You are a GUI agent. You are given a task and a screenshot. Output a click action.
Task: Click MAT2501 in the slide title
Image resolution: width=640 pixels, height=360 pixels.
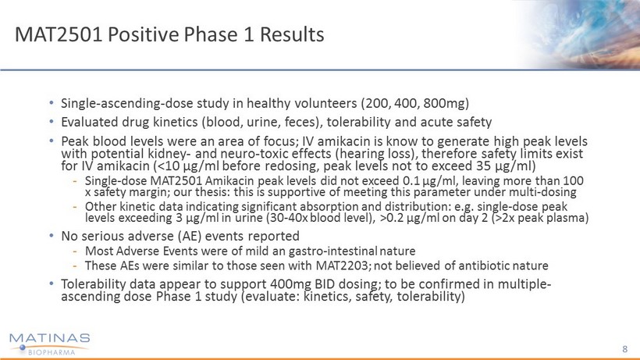coord(59,34)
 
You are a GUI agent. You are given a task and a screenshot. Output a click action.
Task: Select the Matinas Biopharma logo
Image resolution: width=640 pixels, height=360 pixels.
coord(49,344)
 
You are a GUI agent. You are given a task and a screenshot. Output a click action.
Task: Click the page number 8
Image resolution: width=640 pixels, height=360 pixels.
coord(625,348)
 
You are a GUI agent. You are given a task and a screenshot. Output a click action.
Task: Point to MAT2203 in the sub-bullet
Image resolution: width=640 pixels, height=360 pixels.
coord(343,266)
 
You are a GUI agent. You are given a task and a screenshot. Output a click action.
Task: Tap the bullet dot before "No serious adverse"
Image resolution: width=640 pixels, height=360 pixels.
coord(52,236)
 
